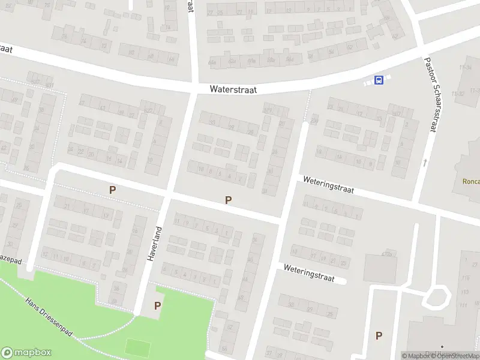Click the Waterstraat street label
[x=233, y=89]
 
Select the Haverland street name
[x=154, y=243]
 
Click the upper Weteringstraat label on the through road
[x=328, y=185]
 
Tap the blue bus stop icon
[x=379, y=80]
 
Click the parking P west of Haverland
[x=112, y=190]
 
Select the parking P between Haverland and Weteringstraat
[x=228, y=200]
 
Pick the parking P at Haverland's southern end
[x=157, y=305]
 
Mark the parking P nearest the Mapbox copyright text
[x=379, y=336]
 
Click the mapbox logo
[x=25, y=353]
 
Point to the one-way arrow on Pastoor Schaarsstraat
[x=424, y=162]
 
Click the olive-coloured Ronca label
[x=470, y=181]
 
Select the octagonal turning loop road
[x=437, y=296]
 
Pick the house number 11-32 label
[x=459, y=94]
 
